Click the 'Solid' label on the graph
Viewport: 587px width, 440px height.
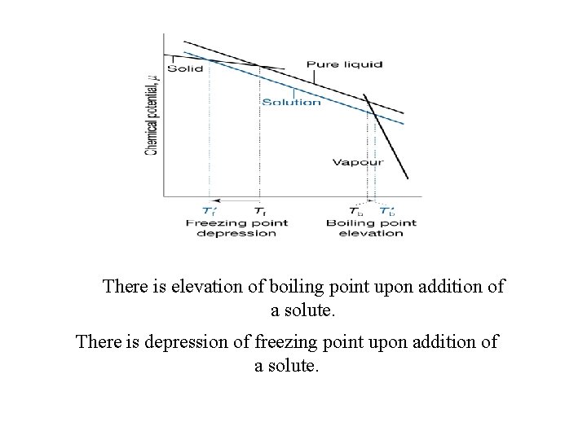[186, 68]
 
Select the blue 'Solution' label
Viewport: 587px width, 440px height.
[291, 102]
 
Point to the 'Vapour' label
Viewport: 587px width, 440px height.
[357, 162]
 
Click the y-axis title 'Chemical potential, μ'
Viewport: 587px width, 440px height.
[152, 114]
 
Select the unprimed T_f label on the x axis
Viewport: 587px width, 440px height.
[259, 211]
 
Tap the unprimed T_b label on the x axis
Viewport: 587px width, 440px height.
[356, 211]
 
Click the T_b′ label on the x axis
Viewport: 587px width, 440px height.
[389, 211]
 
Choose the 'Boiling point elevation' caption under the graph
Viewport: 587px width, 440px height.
[371, 227]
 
